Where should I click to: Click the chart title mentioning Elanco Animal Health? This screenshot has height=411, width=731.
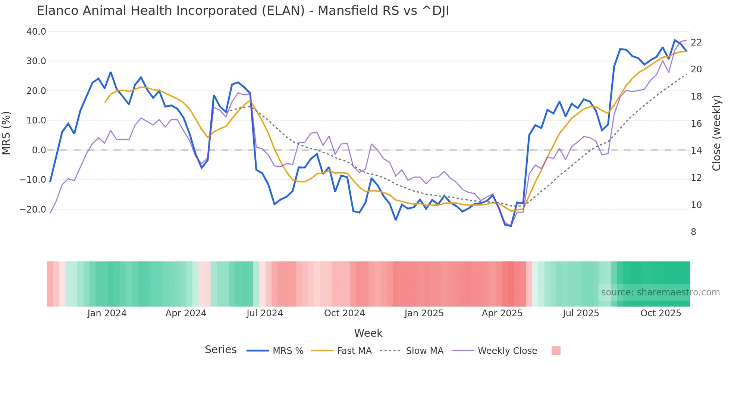243,11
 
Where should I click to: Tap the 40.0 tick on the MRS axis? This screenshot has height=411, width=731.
36,32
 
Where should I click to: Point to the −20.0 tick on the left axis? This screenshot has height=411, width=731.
33,210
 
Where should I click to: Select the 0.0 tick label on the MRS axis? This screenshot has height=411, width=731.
39,150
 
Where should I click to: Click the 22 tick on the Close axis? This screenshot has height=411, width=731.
696,43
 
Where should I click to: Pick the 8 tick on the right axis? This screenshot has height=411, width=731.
693,232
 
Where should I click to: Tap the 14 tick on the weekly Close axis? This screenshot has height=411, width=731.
696,151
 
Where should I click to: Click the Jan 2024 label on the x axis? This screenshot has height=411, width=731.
107,313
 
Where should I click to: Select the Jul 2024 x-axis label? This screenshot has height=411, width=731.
265,313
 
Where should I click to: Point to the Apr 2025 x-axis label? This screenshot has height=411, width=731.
502,313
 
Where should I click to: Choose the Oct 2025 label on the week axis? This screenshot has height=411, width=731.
661,313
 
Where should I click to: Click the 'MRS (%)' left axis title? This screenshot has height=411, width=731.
6,133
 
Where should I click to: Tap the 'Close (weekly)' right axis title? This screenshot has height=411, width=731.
716,133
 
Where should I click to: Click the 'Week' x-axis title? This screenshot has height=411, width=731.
368,333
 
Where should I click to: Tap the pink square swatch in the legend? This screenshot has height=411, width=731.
556,351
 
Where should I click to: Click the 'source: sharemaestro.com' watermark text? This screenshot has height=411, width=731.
660,292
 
